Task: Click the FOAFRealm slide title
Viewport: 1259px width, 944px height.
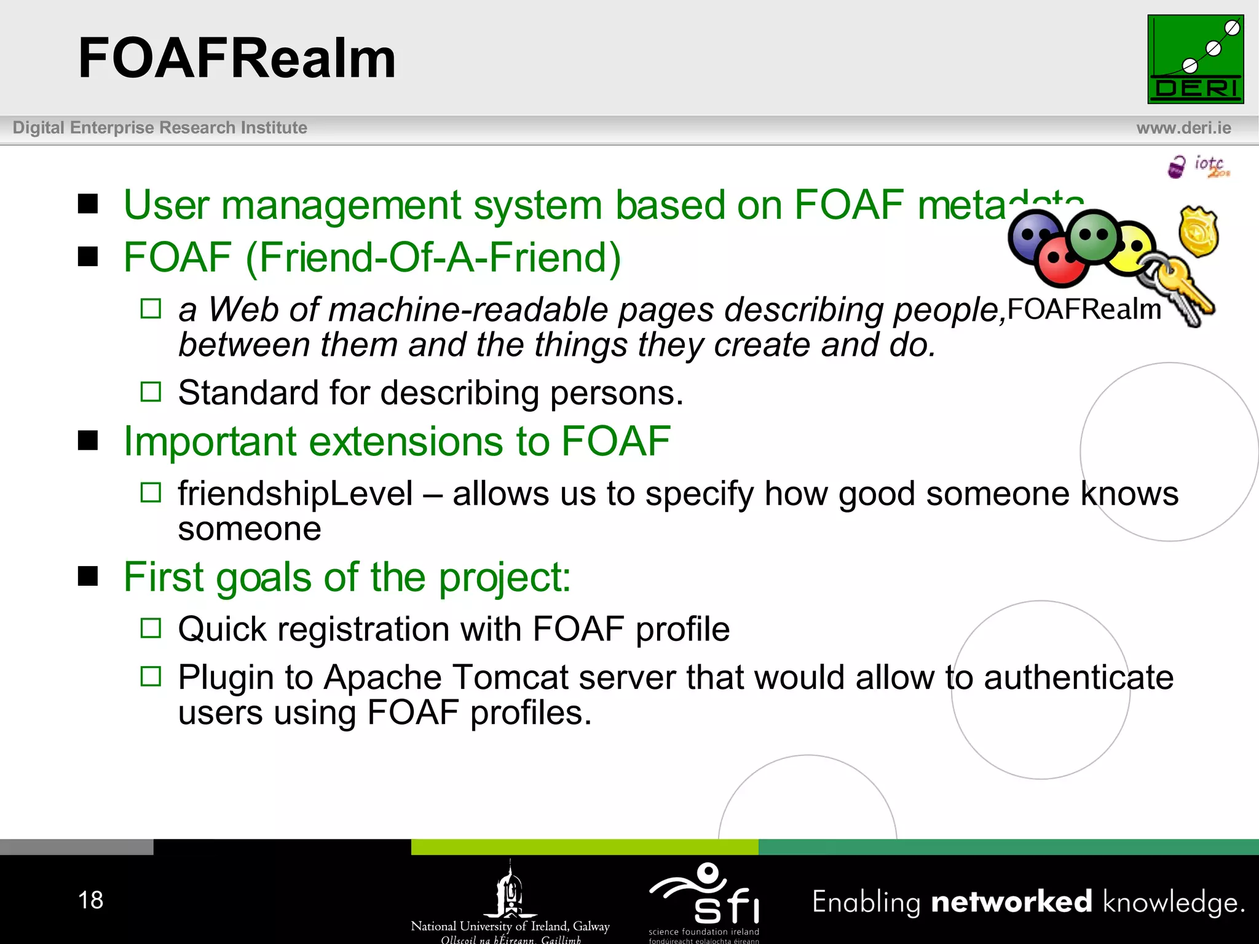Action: click(237, 58)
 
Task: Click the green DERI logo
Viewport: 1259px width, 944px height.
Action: click(1195, 59)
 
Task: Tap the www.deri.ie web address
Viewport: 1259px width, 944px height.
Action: click(1183, 128)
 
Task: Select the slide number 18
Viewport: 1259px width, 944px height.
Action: click(90, 900)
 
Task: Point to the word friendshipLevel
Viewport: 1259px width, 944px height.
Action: click(295, 494)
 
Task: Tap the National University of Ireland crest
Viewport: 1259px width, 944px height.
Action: click(510, 889)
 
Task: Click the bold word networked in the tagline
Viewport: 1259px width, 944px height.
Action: click(1011, 902)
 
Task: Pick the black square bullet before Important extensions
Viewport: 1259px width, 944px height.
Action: click(88, 441)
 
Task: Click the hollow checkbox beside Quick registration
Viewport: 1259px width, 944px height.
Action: click(151, 628)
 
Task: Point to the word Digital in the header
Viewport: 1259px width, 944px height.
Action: click(38, 128)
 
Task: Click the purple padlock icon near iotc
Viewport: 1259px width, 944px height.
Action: click(1176, 167)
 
